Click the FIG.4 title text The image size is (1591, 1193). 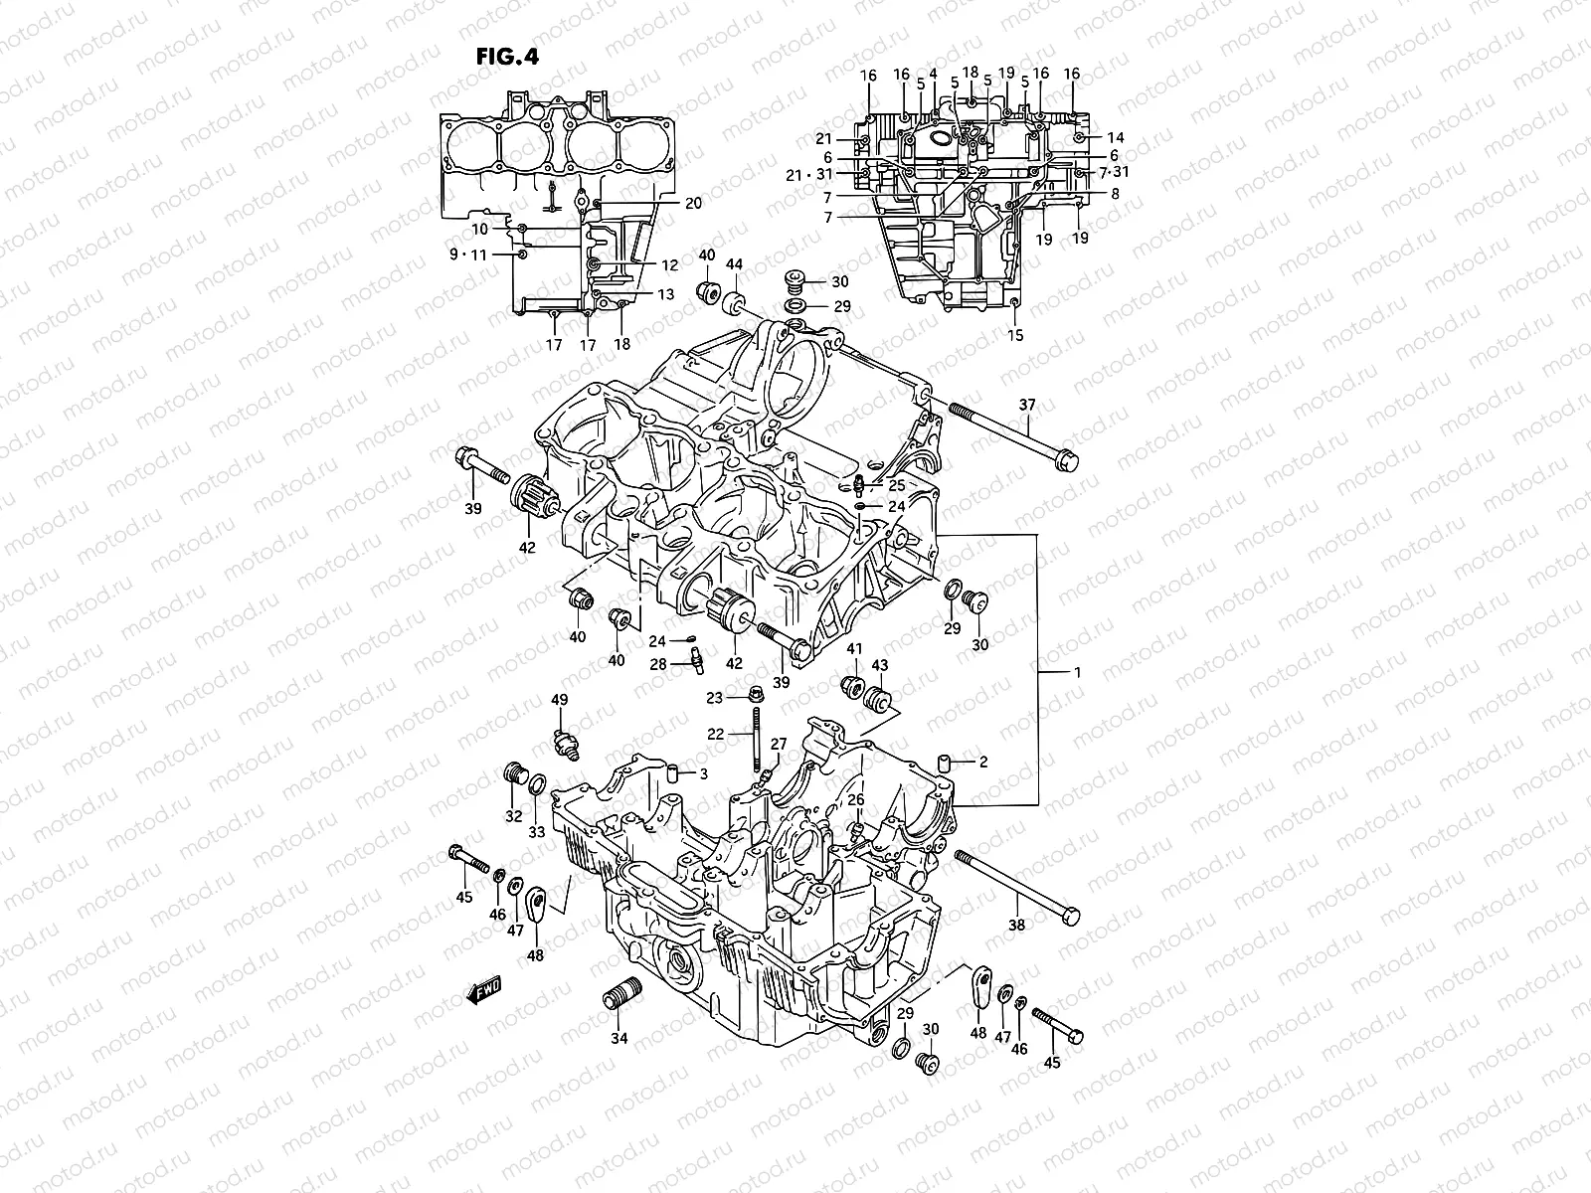(507, 56)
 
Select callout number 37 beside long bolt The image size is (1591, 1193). (1027, 404)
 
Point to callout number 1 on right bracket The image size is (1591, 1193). (1076, 672)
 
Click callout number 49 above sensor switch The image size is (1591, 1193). (560, 701)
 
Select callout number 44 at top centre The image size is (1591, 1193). (735, 266)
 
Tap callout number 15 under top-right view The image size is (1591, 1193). (1014, 335)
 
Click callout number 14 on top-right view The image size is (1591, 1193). (1115, 137)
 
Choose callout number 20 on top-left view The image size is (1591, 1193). (693, 202)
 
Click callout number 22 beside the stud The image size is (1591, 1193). (716, 734)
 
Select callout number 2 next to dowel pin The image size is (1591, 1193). (982, 763)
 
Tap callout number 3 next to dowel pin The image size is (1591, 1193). (702, 773)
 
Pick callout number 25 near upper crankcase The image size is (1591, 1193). (896, 485)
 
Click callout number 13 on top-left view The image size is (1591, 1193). (665, 294)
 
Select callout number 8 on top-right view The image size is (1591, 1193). (1115, 194)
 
